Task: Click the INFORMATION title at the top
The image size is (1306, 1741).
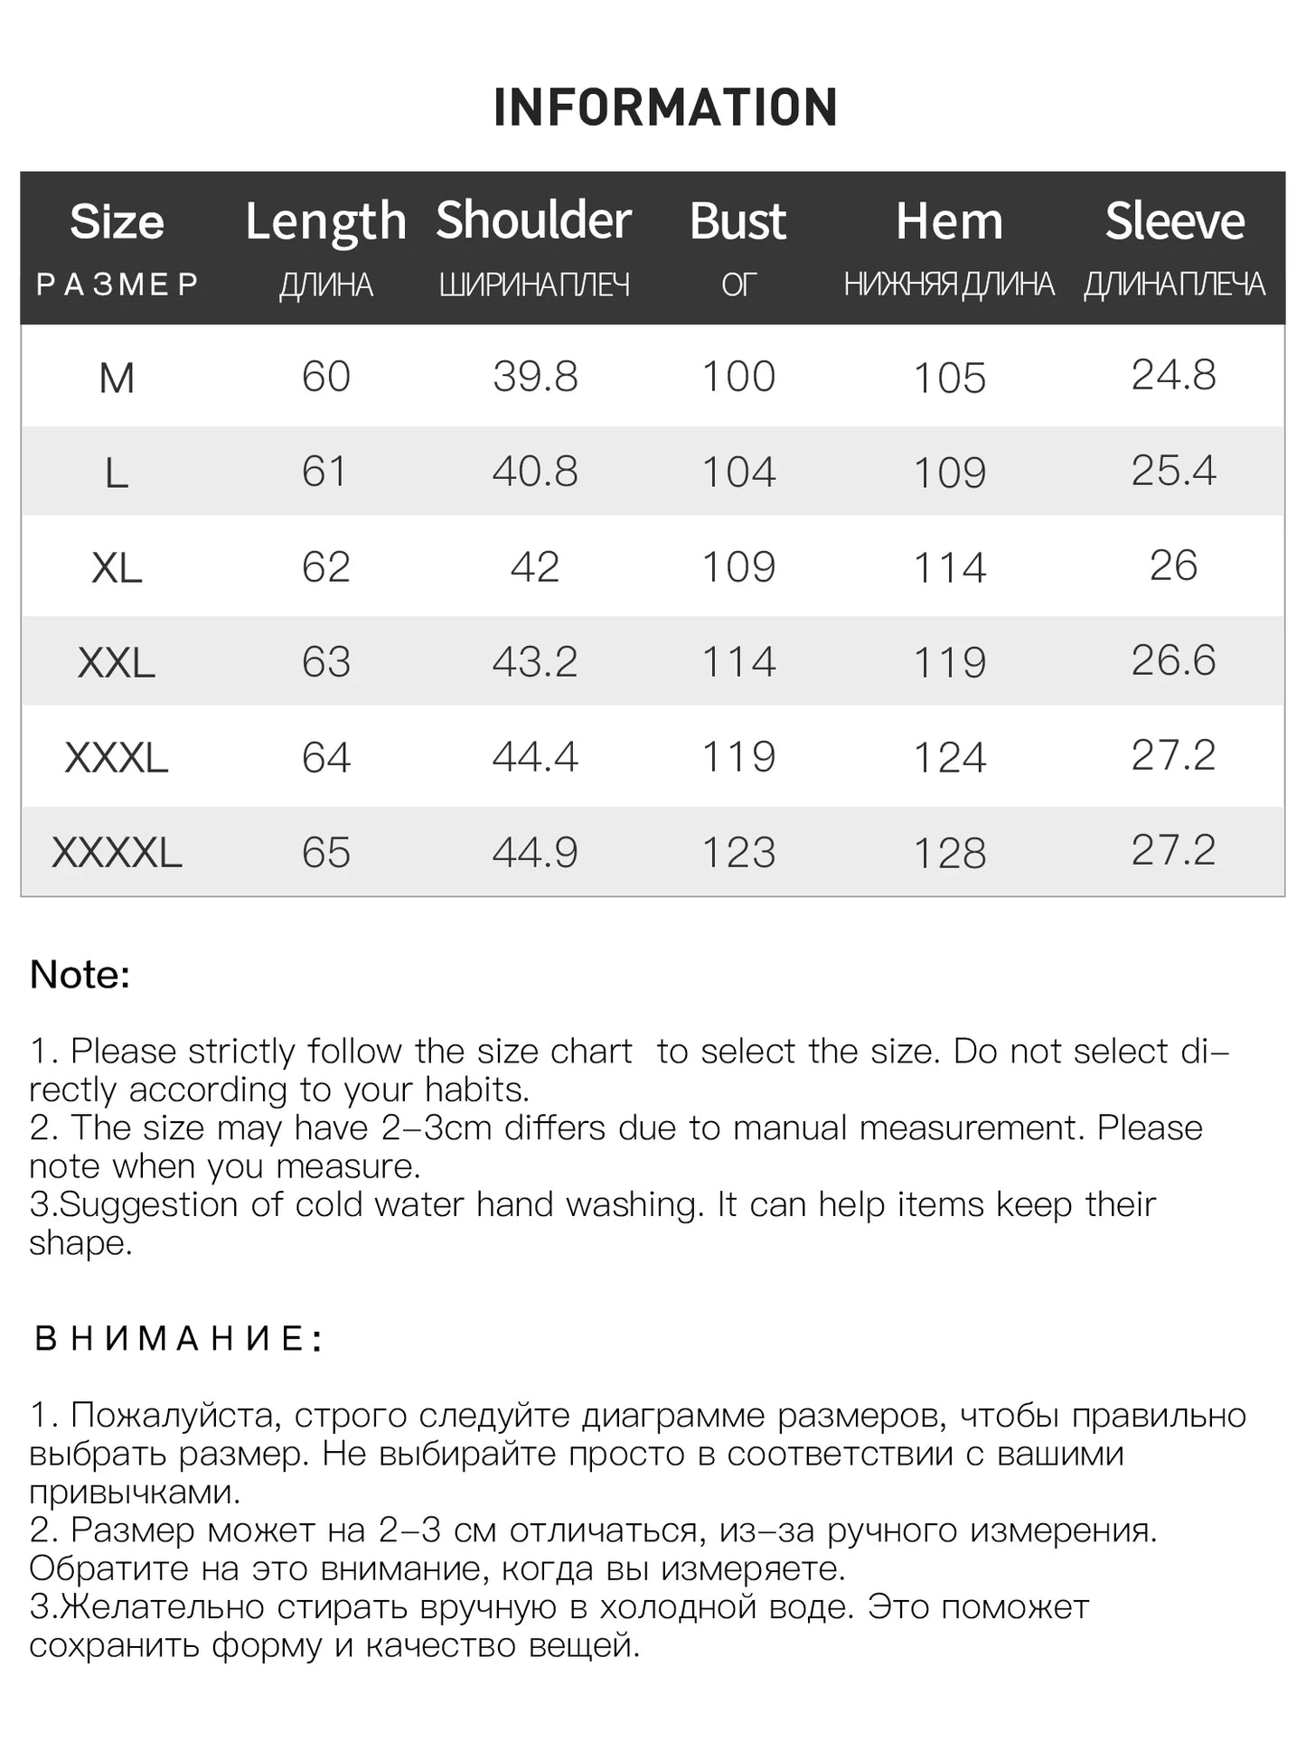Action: tap(665, 108)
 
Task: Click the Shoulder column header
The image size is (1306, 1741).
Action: tap(533, 220)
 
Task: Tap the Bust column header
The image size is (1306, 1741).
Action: tap(738, 221)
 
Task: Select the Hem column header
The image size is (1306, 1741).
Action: tap(949, 221)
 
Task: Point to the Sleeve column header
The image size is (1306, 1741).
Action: tap(1174, 221)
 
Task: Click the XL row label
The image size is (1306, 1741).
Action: tap(117, 568)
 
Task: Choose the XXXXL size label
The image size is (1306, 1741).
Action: tap(117, 853)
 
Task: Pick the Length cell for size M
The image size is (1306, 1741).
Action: tap(325, 377)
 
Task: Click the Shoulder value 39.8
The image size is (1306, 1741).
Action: tap(535, 377)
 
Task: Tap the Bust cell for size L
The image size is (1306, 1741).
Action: tap(738, 473)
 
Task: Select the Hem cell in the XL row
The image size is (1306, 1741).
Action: tap(949, 568)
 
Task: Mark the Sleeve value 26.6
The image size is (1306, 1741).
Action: tap(1173, 660)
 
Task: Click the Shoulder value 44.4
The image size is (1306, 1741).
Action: tap(535, 757)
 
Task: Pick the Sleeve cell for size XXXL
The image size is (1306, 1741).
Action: tap(1173, 755)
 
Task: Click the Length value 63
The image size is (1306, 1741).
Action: tap(325, 662)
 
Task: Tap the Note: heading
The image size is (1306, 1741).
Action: tap(80, 975)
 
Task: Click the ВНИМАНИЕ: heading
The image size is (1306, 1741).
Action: tap(178, 1338)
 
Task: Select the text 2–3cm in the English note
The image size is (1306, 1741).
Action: tap(436, 1128)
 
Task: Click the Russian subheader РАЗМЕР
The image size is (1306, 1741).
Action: tap(117, 285)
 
